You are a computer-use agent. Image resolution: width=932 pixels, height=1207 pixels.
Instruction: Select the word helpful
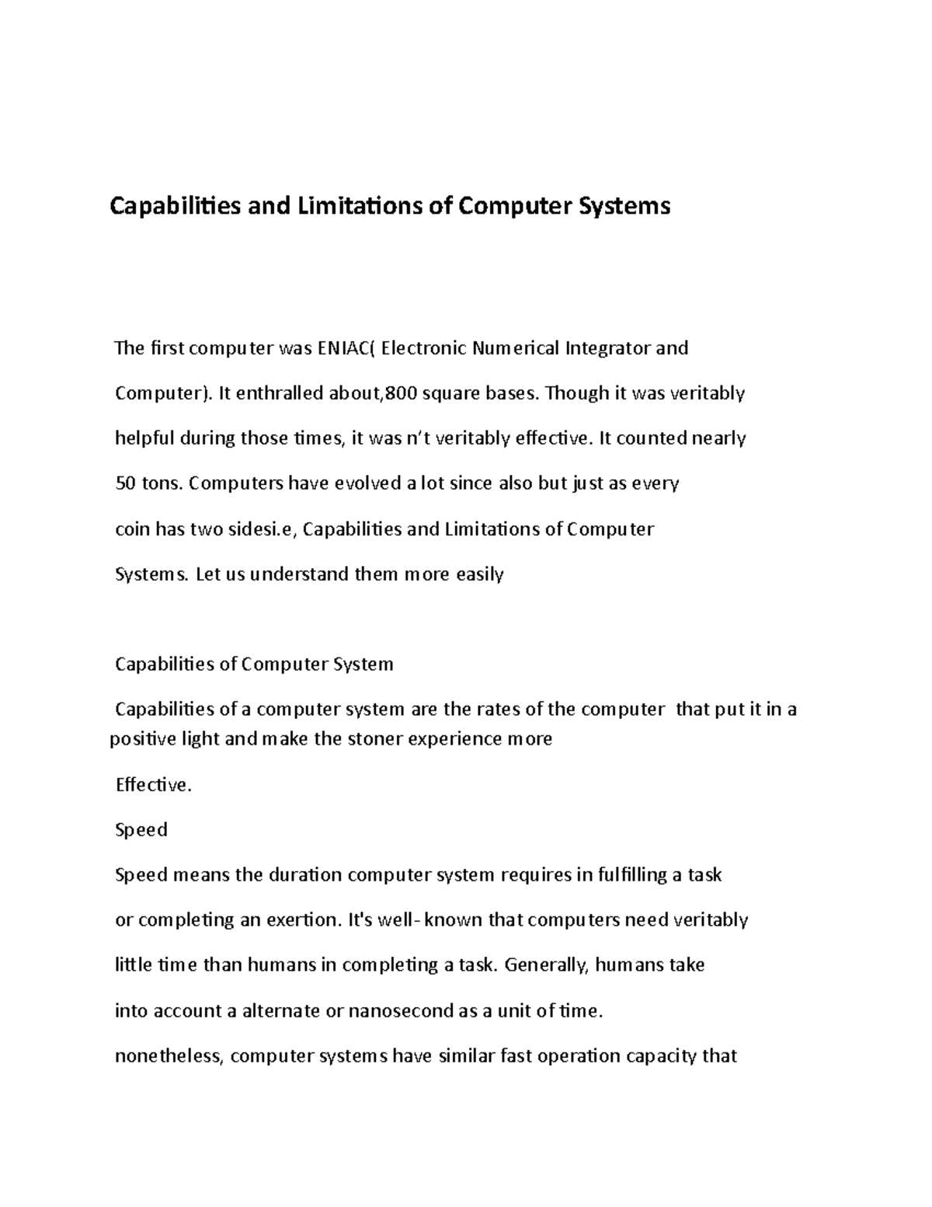pyautogui.click(x=145, y=438)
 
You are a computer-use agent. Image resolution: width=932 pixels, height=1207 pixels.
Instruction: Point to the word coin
pyautogui.click(x=132, y=529)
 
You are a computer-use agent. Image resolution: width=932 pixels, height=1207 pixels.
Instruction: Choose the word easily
pyautogui.click(x=479, y=574)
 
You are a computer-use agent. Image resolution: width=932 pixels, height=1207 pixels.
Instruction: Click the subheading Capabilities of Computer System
pyautogui.click(x=254, y=665)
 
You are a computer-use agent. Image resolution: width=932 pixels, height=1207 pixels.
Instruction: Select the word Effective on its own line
pyautogui.click(x=152, y=785)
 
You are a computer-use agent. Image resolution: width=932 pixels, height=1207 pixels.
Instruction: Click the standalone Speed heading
pyautogui.click(x=141, y=830)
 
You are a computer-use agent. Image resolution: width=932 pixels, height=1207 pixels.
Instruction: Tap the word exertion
pyautogui.click(x=298, y=920)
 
